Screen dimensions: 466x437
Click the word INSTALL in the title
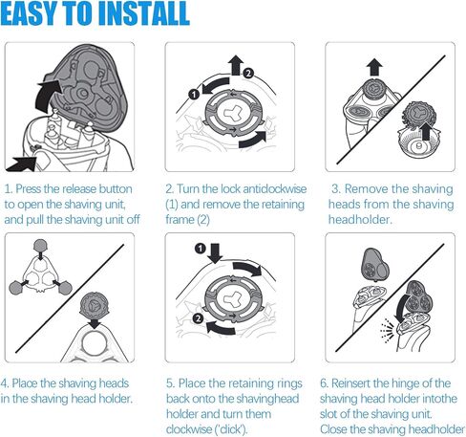144,13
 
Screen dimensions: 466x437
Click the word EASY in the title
30,13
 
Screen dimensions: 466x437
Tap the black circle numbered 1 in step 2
194,94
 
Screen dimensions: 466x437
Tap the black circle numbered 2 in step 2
248,74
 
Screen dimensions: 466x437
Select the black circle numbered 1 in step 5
201,248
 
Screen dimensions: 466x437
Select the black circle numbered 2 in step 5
198,318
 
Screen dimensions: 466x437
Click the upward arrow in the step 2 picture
236,65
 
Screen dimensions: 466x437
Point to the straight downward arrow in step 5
216,253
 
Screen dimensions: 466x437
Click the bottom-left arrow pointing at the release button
22,164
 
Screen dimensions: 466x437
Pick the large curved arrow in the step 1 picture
47,96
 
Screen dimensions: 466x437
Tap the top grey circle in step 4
41,246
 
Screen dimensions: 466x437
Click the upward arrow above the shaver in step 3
374,67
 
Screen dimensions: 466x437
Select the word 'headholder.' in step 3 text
359,220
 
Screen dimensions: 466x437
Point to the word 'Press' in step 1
29,189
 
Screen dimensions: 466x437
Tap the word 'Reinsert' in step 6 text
350,383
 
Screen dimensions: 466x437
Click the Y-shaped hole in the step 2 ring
233,113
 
